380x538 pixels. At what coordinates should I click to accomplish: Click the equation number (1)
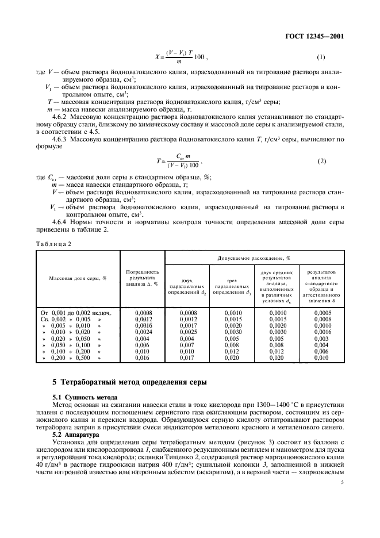321,57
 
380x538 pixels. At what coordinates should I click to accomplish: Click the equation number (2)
321,162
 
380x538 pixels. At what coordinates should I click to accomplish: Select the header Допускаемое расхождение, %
254,259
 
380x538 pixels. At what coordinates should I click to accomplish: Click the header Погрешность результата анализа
142,278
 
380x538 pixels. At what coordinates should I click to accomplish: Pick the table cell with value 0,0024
142,332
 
